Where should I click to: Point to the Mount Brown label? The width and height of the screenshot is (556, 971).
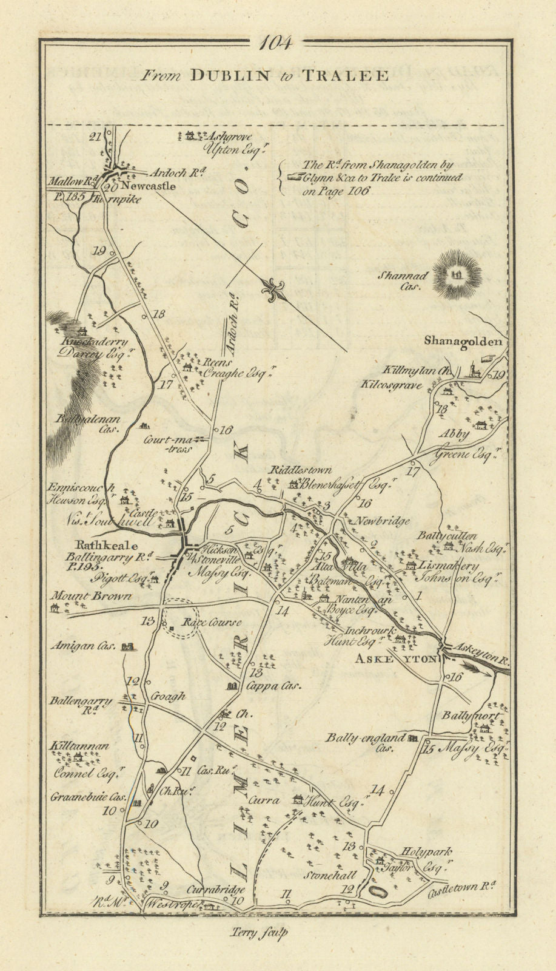(92, 596)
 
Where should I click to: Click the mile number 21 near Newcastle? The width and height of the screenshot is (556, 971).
(94, 137)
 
